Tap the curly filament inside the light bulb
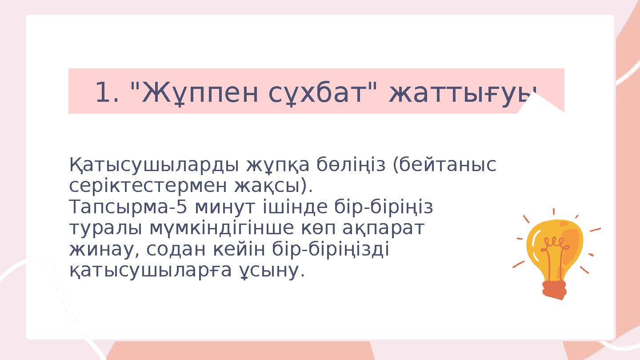(x=554, y=244)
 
